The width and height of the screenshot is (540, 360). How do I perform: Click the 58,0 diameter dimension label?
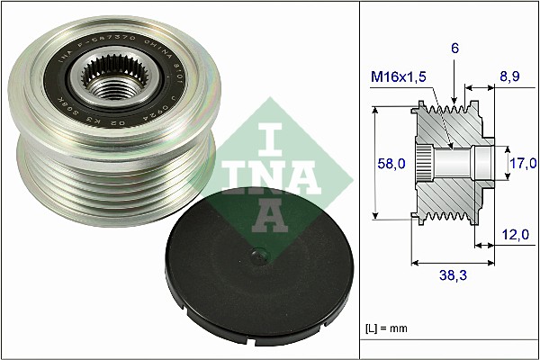391,163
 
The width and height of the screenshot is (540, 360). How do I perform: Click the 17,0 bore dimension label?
522,163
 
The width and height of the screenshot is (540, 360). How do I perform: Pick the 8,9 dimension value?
510,79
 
